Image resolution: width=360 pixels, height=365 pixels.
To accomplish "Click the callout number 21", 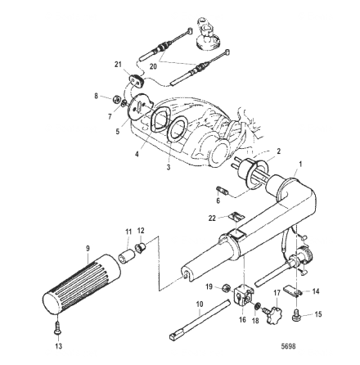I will click(118, 64).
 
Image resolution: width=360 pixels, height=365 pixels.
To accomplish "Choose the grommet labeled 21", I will click(136, 79).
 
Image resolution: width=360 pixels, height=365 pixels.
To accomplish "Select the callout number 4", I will click(137, 151).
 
